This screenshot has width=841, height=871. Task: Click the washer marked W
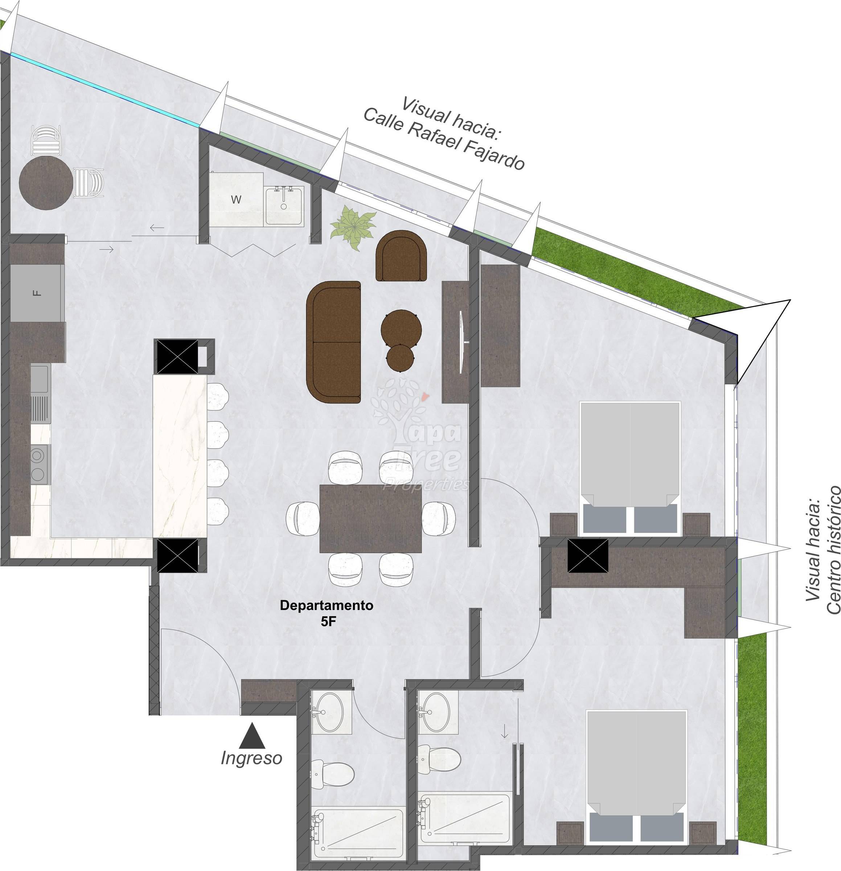tap(236, 200)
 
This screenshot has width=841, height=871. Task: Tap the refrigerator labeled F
tap(36, 293)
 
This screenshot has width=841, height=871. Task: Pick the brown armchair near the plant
tap(401, 256)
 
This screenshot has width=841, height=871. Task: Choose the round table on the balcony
tap(46, 183)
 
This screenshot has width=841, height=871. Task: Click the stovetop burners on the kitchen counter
tap(40, 465)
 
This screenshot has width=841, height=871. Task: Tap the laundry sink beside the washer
tap(285, 206)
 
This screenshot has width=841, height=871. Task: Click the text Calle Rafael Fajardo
tap(444, 139)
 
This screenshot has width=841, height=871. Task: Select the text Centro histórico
tap(833, 550)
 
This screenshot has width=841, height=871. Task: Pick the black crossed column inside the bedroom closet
tap(588, 556)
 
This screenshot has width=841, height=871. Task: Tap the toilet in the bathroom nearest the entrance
tap(333, 774)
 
